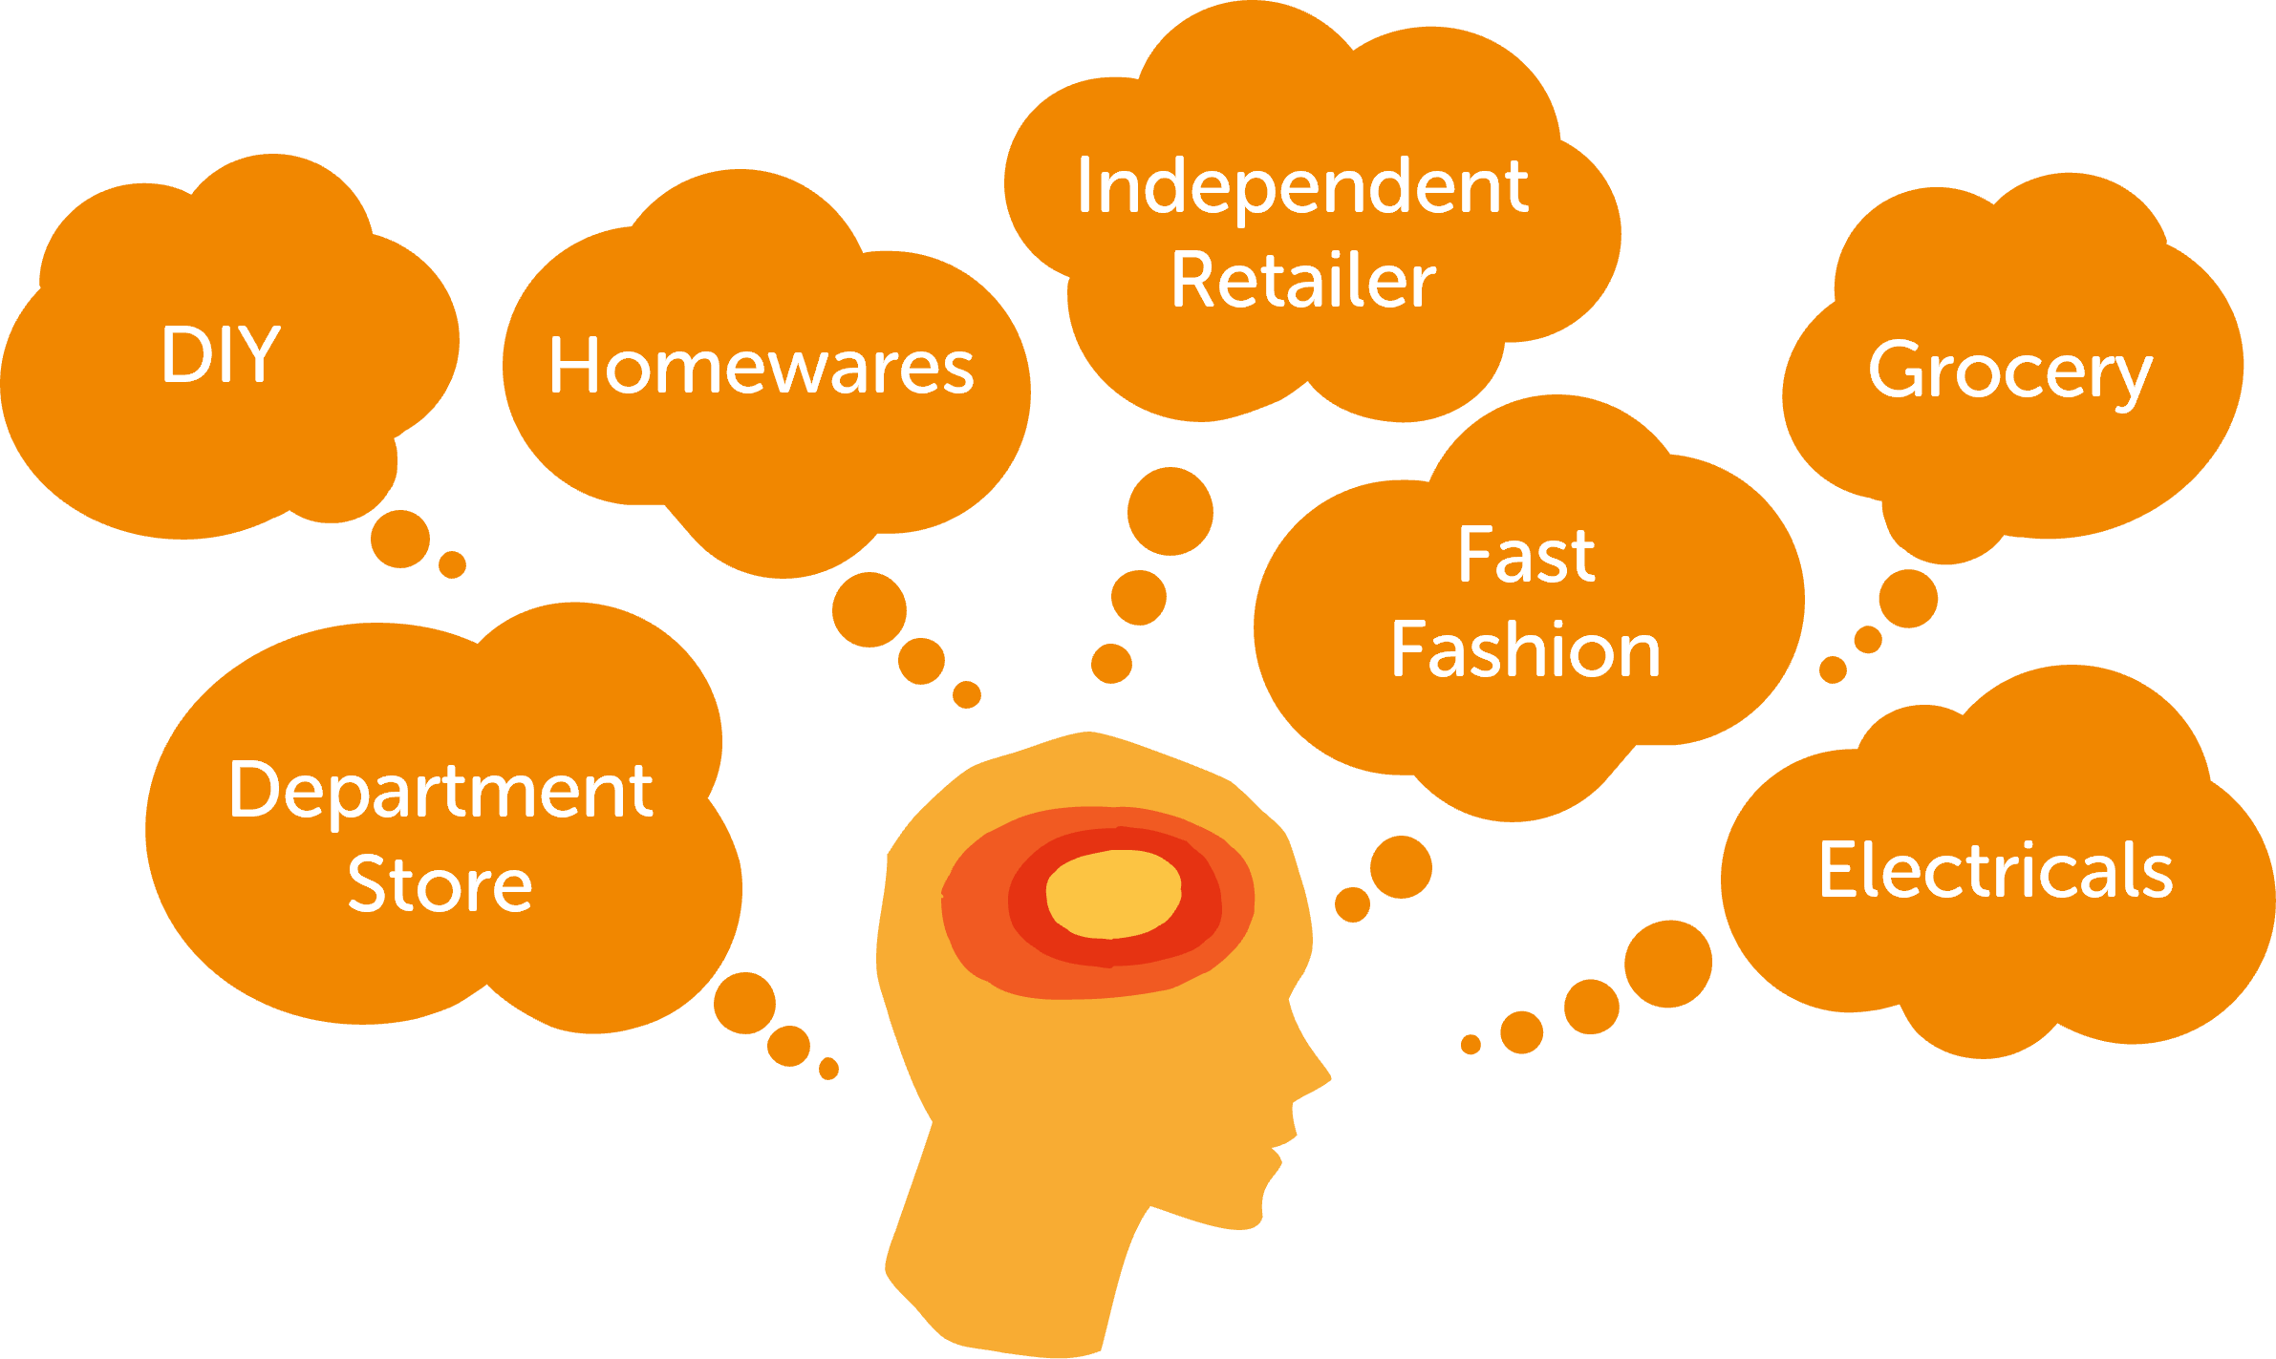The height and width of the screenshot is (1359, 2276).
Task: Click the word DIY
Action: (x=221, y=354)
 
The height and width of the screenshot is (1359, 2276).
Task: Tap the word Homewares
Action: (x=761, y=367)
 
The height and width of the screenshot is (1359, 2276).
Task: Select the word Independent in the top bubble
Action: (x=1301, y=186)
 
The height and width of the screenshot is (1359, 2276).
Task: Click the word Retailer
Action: (x=1303, y=281)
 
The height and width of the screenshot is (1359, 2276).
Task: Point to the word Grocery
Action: (x=2009, y=372)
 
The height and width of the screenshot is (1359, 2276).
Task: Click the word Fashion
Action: (x=1526, y=649)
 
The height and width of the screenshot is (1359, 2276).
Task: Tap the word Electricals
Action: (x=1995, y=870)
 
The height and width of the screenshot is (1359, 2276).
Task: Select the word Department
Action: (x=440, y=791)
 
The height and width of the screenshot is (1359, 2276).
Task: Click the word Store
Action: (x=440, y=884)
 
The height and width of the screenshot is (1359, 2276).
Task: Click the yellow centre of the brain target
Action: (x=1113, y=893)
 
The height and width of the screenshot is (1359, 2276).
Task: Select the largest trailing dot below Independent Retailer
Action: (x=1170, y=511)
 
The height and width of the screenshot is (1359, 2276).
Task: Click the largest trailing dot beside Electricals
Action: (x=1668, y=964)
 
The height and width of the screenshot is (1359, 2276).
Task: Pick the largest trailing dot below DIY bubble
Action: (x=399, y=539)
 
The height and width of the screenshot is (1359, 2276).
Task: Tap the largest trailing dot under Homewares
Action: (x=869, y=609)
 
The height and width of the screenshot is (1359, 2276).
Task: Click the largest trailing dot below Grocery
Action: (x=1908, y=599)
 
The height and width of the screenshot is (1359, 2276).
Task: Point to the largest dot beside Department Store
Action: (x=744, y=1003)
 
